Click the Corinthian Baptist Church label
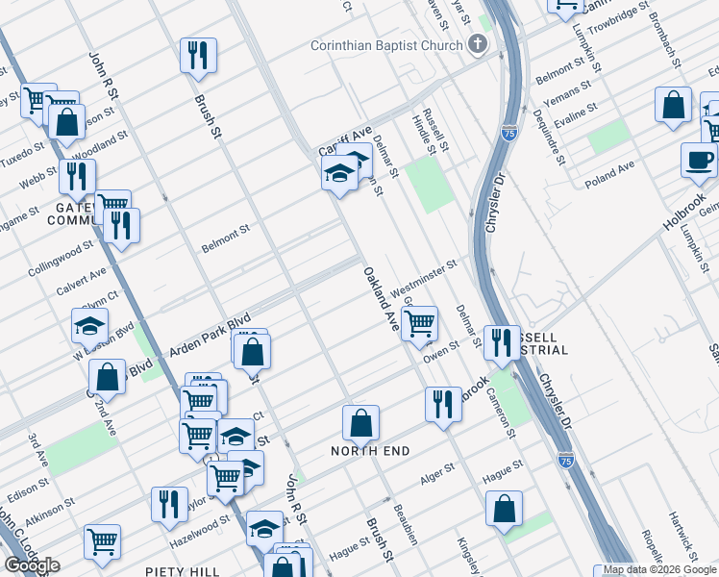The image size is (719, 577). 387,45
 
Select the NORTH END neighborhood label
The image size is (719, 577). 370,451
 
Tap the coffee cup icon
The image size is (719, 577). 699,159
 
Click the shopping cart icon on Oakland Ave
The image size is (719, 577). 419,323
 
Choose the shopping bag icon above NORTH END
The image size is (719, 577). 360,421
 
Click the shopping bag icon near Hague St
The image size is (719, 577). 504,509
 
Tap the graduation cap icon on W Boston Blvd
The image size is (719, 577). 89,325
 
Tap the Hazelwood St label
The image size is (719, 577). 200,528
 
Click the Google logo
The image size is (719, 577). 32,565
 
